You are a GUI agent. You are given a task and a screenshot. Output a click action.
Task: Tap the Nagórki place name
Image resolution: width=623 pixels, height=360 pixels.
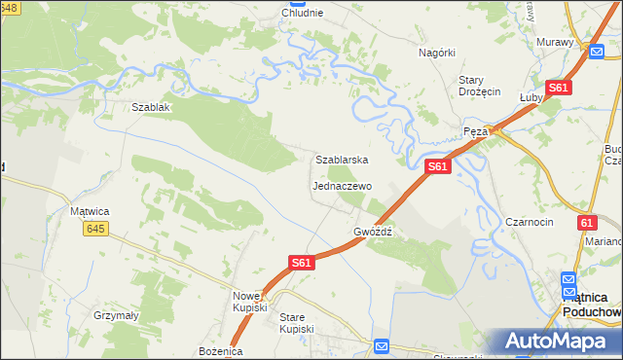point(437,53)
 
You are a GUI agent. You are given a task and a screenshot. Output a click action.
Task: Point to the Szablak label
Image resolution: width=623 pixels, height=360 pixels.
point(151,107)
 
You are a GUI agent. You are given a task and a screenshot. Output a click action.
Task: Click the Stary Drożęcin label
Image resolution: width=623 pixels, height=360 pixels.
point(479,86)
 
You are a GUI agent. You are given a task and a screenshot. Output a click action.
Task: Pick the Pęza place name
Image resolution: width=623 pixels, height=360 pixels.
point(475,130)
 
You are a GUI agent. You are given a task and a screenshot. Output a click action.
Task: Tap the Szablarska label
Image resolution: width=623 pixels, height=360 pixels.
point(341,159)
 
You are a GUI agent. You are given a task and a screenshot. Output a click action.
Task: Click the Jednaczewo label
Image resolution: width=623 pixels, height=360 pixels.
point(342,185)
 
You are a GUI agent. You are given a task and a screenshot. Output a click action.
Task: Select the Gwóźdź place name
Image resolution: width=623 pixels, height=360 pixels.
point(373,233)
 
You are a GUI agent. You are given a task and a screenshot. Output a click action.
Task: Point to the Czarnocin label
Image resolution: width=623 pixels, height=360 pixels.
point(530,222)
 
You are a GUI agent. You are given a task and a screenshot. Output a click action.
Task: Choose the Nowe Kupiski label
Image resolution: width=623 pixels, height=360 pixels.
point(250,301)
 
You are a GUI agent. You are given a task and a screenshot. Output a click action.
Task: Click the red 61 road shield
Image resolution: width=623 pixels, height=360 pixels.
point(586,223)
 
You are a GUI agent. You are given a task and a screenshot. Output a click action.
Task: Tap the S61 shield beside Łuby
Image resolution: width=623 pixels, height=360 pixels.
point(558,88)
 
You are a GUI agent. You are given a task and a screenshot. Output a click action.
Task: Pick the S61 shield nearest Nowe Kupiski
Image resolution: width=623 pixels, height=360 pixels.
point(302,262)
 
